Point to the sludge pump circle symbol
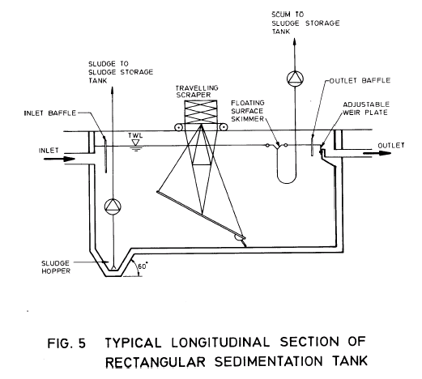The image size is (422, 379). (112, 208)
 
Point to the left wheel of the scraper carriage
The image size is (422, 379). (178, 127)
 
